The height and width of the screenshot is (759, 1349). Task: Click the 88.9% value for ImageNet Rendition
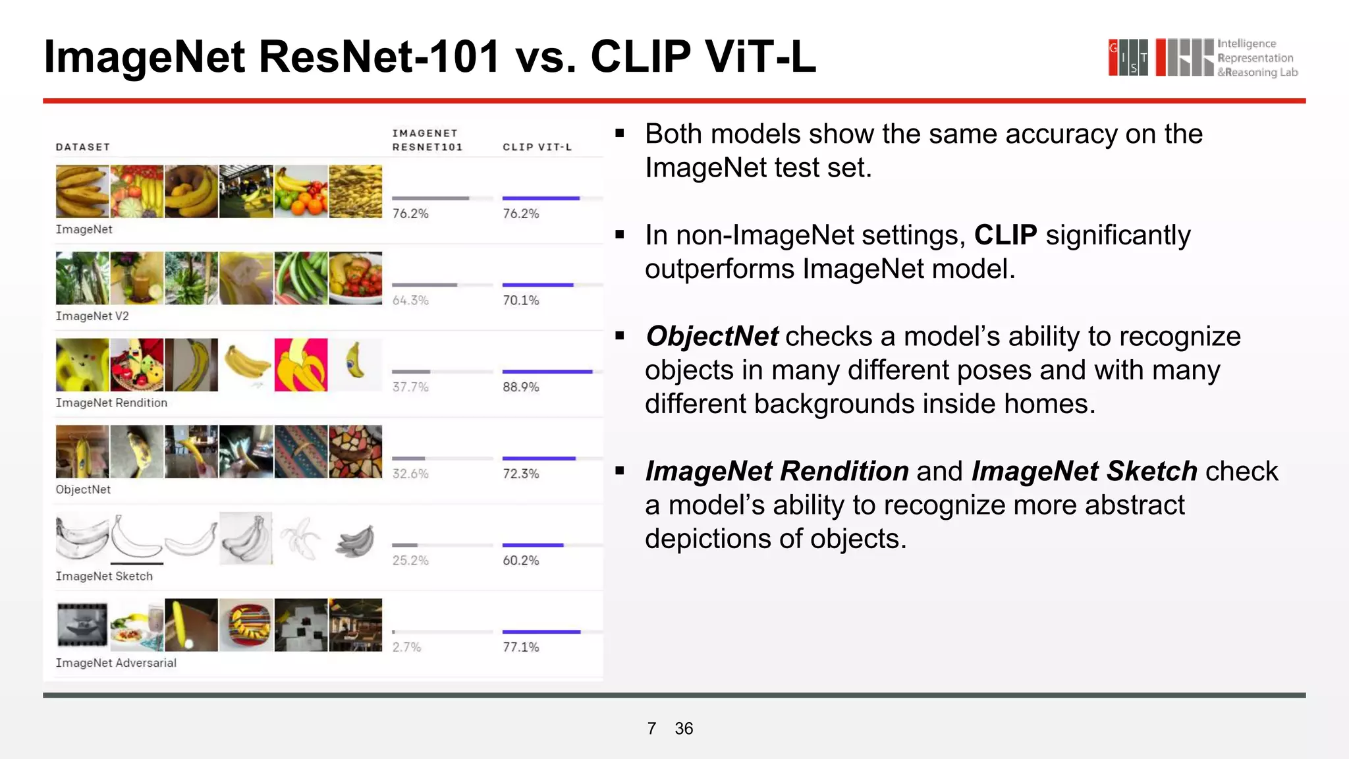tap(520, 387)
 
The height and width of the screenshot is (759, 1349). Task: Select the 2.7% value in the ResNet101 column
tap(406, 647)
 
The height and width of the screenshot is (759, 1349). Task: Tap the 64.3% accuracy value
tap(410, 300)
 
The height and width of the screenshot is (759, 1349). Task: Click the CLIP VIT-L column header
tap(537, 147)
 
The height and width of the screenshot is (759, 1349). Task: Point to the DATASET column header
tap(82, 147)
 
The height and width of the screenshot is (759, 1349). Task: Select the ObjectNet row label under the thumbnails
tap(83, 490)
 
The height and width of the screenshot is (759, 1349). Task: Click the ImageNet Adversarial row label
tap(116, 663)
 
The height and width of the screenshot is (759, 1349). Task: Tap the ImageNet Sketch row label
tap(104, 576)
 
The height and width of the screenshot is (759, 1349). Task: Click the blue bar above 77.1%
tap(541, 632)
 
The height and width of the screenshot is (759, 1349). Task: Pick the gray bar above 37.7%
tap(410, 372)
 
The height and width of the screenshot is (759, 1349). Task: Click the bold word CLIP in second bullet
tap(1005, 235)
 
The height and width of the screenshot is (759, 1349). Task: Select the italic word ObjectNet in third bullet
tap(712, 337)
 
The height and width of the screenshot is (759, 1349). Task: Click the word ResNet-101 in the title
tap(379, 57)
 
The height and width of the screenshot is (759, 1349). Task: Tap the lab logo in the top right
tap(1202, 58)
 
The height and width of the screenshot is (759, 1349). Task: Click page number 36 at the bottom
tap(684, 728)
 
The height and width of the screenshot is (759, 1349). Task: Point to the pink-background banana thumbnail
tap(301, 365)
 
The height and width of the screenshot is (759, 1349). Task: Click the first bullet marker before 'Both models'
tap(619, 134)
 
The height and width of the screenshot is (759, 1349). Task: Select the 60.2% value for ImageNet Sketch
tap(520, 561)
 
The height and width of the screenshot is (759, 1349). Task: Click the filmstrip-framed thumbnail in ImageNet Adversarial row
tap(82, 625)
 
